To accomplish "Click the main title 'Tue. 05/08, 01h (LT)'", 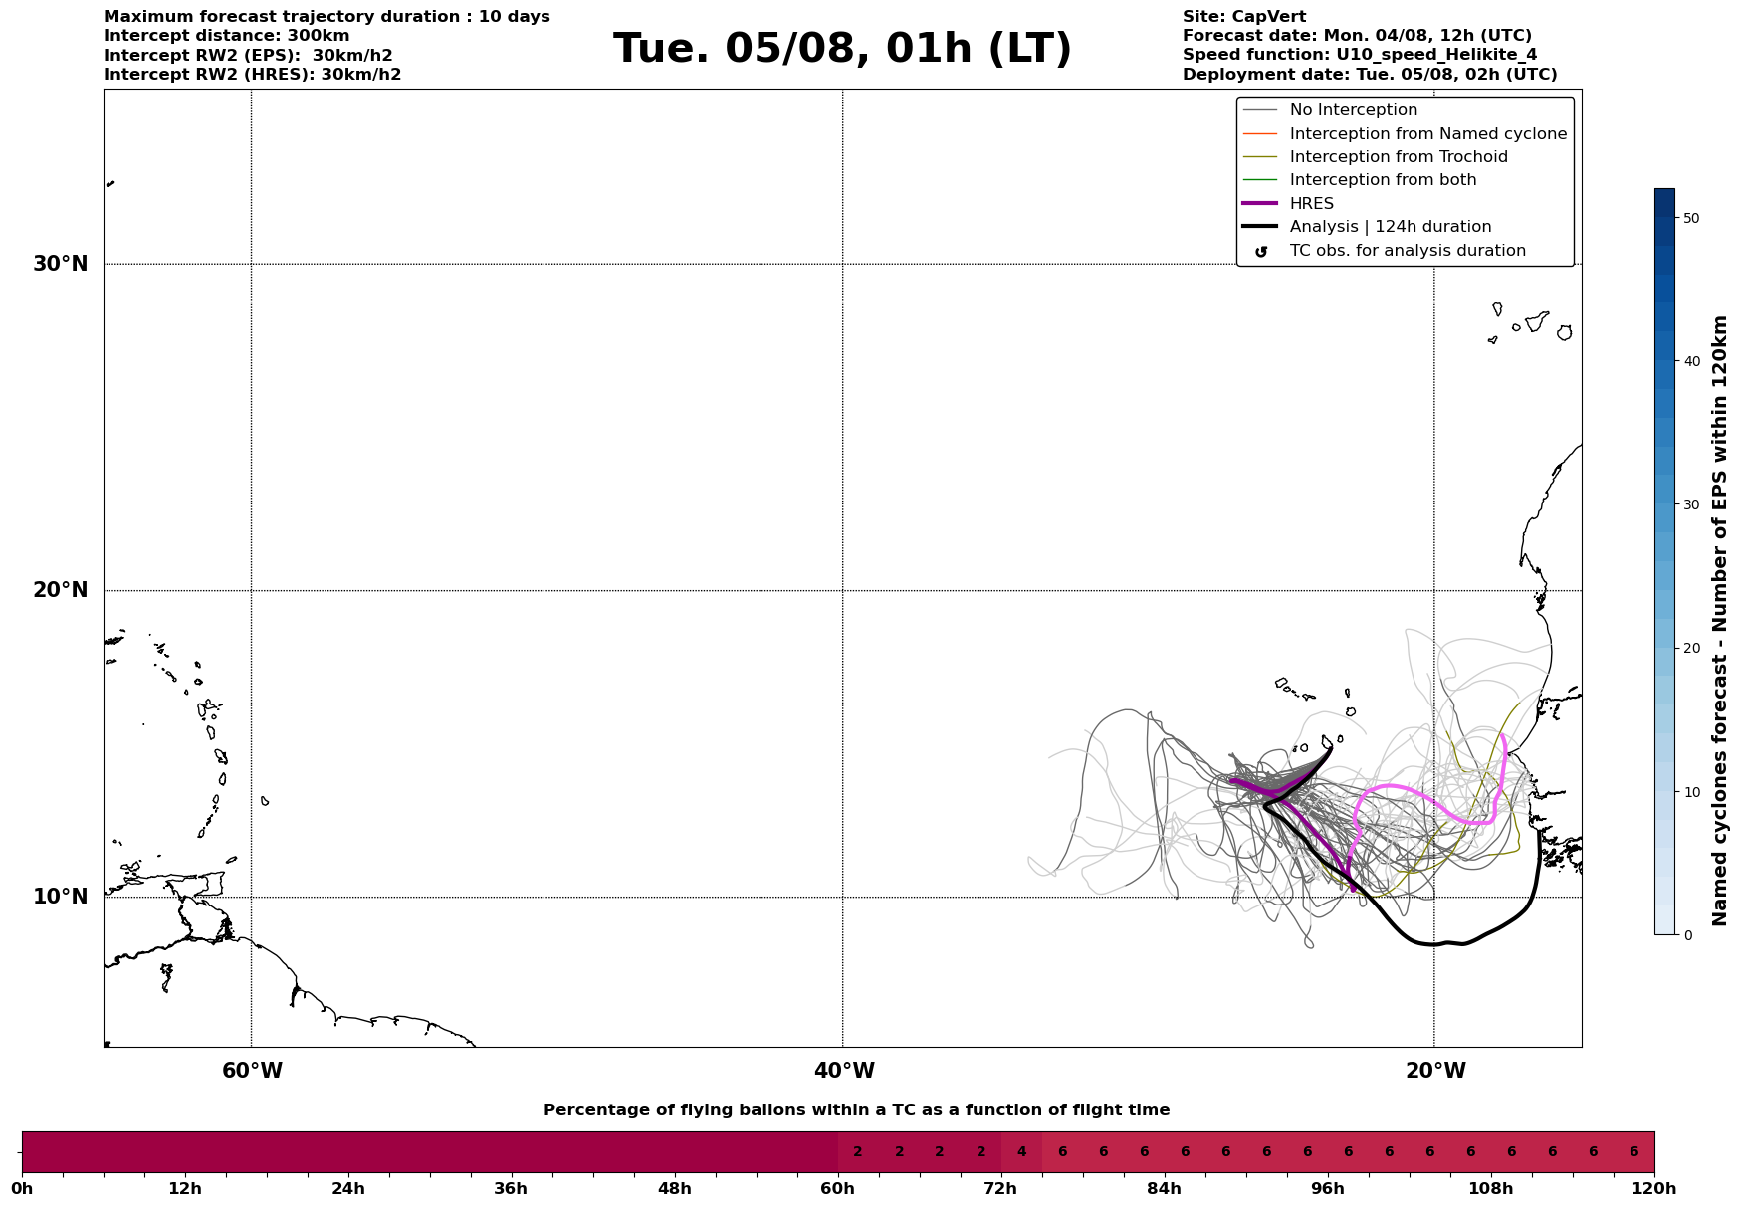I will (x=842, y=49).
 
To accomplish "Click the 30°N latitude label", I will (x=60, y=264).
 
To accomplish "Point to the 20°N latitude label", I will (x=60, y=590).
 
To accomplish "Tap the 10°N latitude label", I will (x=60, y=897).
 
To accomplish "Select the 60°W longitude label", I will (x=252, y=1071).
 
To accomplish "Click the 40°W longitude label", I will (x=844, y=1071).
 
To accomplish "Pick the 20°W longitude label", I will (x=1435, y=1071).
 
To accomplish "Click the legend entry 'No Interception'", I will (x=1353, y=110).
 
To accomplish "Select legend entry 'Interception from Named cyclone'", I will (x=1427, y=134).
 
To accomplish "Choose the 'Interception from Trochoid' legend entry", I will (x=1398, y=157).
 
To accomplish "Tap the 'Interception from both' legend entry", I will (x=1383, y=180).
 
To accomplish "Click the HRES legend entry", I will (x=1311, y=204).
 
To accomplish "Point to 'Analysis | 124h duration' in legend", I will (x=1390, y=227).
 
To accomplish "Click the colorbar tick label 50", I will (x=1690, y=218).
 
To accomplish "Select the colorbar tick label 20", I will (x=1690, y=649).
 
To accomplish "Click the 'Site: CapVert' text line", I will (x=1243, y=17).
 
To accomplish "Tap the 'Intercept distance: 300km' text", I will (x=226, y=36).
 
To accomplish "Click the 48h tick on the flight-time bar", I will (x=674, y=1189).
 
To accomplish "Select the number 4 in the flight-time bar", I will (x=1021, y=1152).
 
